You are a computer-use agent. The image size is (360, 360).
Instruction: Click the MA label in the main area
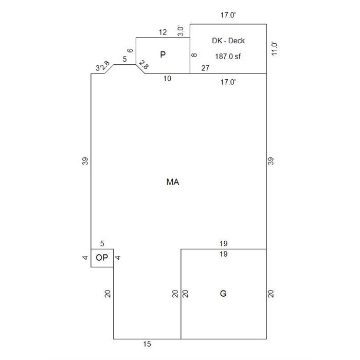(173, 182)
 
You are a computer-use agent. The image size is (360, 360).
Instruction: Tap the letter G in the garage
(223, 294)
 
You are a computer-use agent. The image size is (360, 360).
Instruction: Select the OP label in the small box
(102, 258)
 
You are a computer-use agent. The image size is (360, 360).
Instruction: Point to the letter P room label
(163, 55)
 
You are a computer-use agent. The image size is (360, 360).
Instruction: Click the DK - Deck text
(228, 41)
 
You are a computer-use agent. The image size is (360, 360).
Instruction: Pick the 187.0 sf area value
(228, 57)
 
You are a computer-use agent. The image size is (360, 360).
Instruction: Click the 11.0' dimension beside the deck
(274, 49)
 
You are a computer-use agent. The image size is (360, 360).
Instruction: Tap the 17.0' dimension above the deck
(228, 15)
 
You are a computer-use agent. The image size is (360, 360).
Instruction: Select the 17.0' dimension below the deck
(228, 82)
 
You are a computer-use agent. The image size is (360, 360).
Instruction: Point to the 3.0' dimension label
(181, 31)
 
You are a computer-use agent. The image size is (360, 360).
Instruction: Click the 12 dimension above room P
(163, 32)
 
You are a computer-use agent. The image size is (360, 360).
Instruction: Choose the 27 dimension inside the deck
(205, 68)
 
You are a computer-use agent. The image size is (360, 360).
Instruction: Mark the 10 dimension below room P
(167, 79)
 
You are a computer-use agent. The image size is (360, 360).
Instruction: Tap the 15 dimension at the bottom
(147, 344)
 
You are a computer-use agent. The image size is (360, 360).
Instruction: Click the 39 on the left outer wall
(85, 161)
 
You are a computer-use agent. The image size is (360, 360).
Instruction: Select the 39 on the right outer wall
(271, 161)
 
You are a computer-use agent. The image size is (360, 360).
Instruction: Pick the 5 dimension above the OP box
(102, 244)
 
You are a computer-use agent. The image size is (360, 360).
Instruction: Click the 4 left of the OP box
(85, 258)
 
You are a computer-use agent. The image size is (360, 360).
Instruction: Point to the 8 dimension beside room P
(194, 55)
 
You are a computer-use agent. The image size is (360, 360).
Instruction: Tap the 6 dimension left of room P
(130, 50)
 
